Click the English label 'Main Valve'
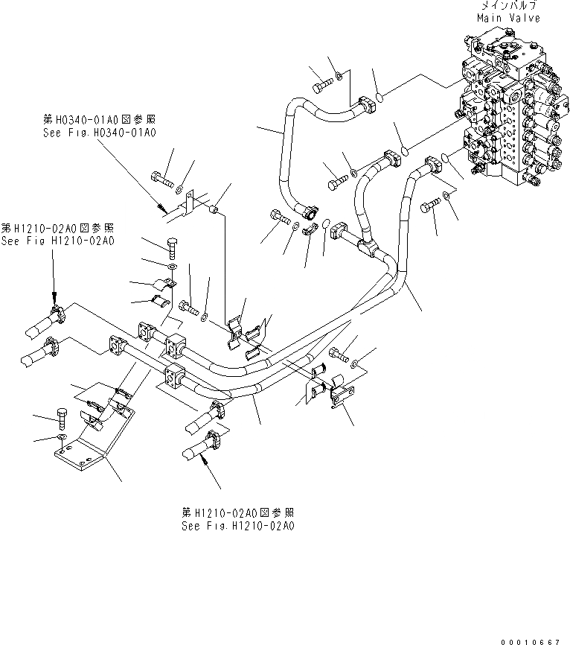tap(511, 18)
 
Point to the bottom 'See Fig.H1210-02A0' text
tap(238, 525)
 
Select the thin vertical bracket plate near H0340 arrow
tap(190, 206)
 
